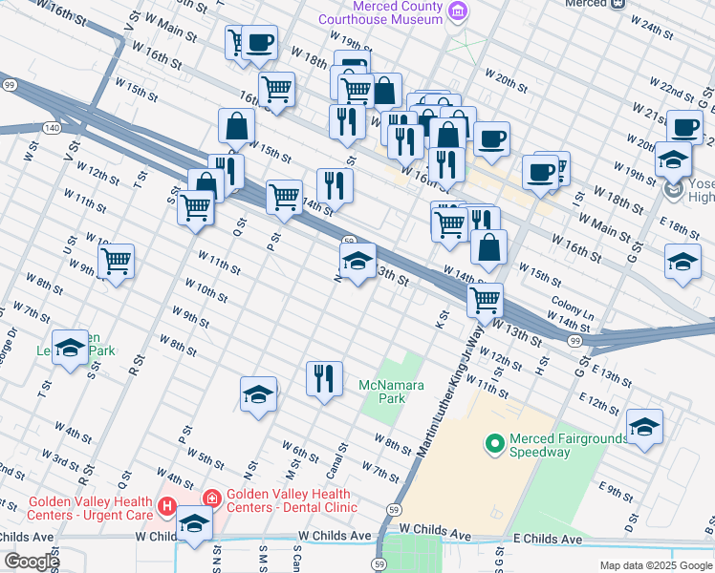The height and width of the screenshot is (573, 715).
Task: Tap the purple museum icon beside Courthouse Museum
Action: pyautogui.click(x=459, y=12)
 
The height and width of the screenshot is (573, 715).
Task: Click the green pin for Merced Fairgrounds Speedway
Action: pyautogui.click(x=494, y=443)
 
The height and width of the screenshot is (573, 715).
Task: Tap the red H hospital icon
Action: pyautogui.click(x=168, y=505)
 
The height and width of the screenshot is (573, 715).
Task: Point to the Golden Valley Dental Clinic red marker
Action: pyautogui.click(x=211, y=499)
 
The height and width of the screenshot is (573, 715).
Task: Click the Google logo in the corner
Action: pyautogui.click(x=32, y=562)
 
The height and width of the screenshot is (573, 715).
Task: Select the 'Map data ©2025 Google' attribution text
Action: pyautogui.click(x=656, y=565)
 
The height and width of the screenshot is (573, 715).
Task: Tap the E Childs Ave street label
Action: pyautogui.click(x=547, y=540)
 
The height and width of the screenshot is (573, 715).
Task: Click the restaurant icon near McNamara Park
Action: pyautogui.click(x=324, y=378)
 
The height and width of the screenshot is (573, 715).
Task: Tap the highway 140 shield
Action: pyautogui.click(x=52, y=127)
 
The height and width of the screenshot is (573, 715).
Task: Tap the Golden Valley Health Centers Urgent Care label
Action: pyautogui.click(x=90, y=508)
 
